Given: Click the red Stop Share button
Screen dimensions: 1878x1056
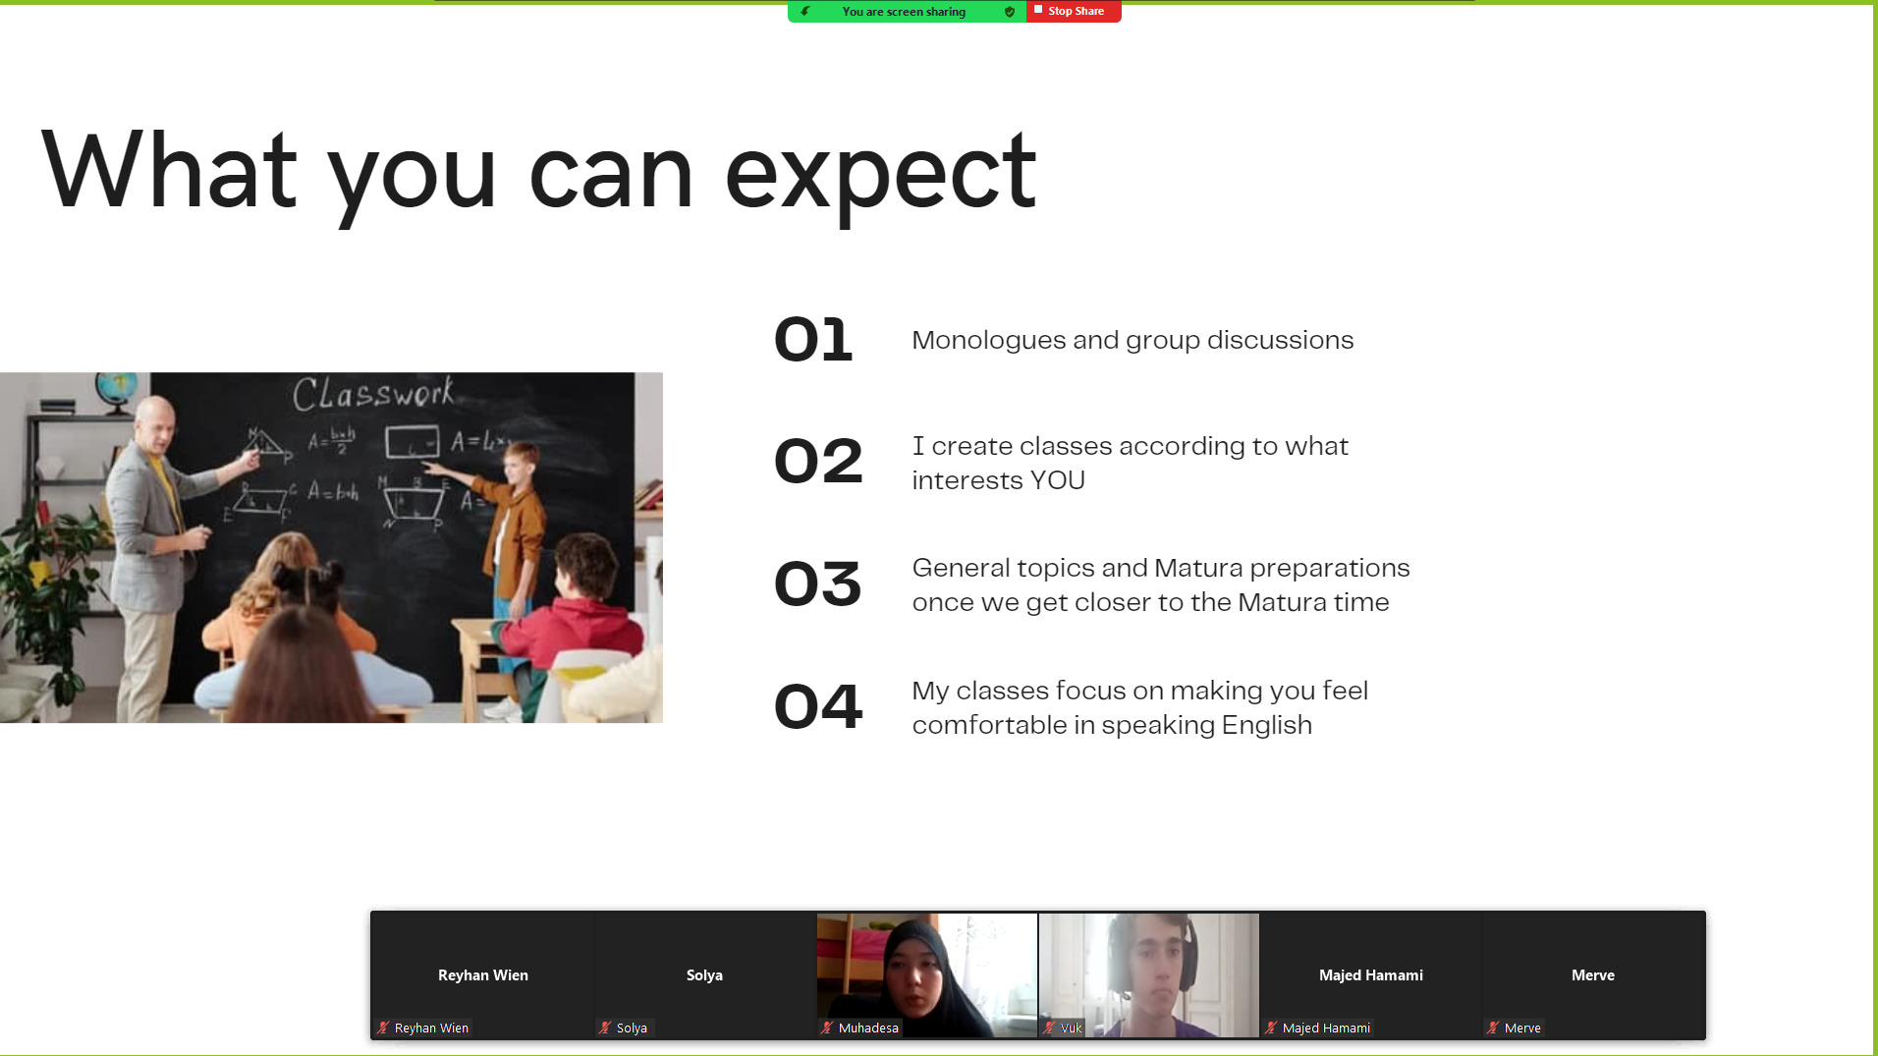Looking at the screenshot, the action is pos(1074,11).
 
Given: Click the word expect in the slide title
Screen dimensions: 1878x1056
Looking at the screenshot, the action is pos(880,175).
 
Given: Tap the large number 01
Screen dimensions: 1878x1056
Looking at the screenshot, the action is pos(813,340).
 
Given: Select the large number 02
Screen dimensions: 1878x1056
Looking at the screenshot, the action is pos(818,462).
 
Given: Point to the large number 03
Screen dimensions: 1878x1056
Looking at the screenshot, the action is pos(818,584).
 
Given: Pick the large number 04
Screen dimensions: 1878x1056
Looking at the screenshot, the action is pos(818,706).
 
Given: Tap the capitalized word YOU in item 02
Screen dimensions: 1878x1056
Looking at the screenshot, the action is pos(1057,480).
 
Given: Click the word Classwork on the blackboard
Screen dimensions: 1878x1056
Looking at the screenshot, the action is pos(373,393).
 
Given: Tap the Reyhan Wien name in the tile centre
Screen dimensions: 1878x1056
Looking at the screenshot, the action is pos(483,975).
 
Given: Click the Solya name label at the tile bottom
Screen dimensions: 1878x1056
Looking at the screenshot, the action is pos(632,1028).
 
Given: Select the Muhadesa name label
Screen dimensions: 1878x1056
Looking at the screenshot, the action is pos(868,1028).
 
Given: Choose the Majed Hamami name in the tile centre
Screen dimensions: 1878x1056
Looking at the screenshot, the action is pos(1371,975).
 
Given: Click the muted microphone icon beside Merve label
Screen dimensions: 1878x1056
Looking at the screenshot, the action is pos(1493,1028).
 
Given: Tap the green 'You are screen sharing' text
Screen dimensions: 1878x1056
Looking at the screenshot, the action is pos(904,12).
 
